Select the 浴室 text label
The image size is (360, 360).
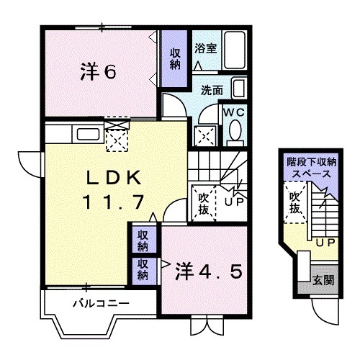pyautogui.click(x=206, y=48)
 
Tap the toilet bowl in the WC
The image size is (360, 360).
pyautogui.click(x=235, y=131)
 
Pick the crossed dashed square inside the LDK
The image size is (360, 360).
pyautogui.click(x=116, y=136)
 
